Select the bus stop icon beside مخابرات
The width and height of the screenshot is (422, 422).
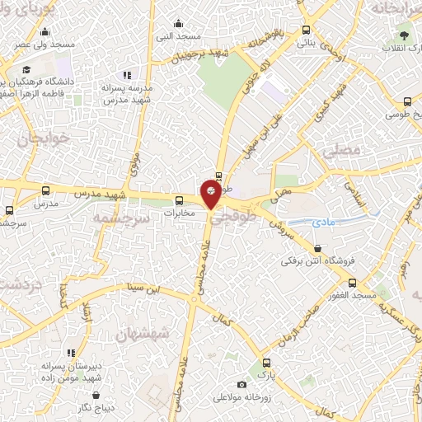pyautogui.click(x=181, y=200)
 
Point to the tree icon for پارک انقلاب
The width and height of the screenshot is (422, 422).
pyautogui.click(x=404, y=35)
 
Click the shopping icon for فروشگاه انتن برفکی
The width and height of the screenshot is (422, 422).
pyautogui.click(x=317, y=249)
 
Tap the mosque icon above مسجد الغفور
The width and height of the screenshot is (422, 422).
pyautogui.click(x=352, y=283)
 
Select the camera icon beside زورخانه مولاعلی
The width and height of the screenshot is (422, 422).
pyautogui.click(x=241, y=384)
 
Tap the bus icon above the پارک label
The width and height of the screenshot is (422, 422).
pyautogui.click(x=265, y=362)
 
